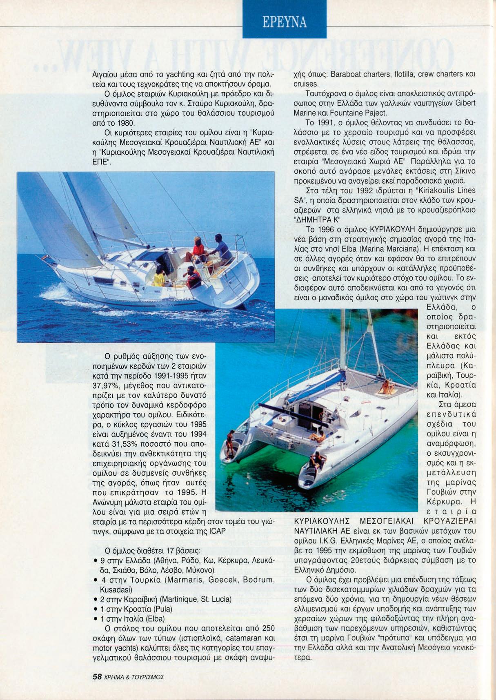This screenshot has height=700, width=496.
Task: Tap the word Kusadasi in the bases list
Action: pos(116,590)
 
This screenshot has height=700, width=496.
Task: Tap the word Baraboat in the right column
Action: pos(346,74)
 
